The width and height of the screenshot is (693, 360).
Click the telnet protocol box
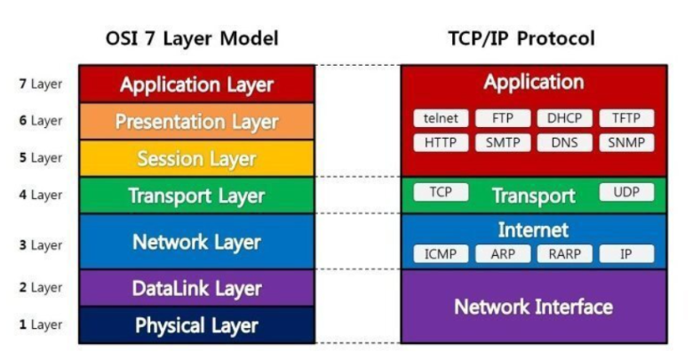pyautogui.click(x=441, y=118)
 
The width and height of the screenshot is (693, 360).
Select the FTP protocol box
pyautogui.click(x=503, y=118)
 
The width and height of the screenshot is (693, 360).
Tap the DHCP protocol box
pyautogui.click(x=564, y=118)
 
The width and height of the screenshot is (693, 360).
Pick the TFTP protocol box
pyautogui.click(x=626, y=118)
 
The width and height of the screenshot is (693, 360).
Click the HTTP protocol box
pyautogui.click(x=441, y=142)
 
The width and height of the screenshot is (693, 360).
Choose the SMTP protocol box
pyautogui.click(x=503, y=142)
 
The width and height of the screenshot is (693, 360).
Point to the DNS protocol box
pyautogui.click(x=564, y=142)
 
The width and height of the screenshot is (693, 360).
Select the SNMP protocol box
pyautogui.click(x=626, y=142)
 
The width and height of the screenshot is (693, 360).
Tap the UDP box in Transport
pyautogui.click(x=626, y=192)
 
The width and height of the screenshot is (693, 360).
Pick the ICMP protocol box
pyautogui.click(x=441, y=254)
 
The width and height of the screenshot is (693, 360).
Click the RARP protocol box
pyautogui.click(x=564, y=254)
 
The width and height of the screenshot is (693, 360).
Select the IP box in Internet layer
pyautogui.click(x=626, y=254)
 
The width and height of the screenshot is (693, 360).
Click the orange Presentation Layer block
pyautogui.click(x=196, y=122)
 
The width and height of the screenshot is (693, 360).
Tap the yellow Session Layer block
pyautogui.click(x=196, y=159)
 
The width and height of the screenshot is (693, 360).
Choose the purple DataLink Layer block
pyautogui.click(x=196, y=288)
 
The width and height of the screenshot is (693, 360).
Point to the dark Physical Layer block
pyautogui.click(x=196, y=325)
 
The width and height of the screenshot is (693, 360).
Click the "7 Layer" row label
pyautogui.click(x=41, y=84)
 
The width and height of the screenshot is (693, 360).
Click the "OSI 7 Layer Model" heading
pyautogui.click(x=192, y=38)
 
